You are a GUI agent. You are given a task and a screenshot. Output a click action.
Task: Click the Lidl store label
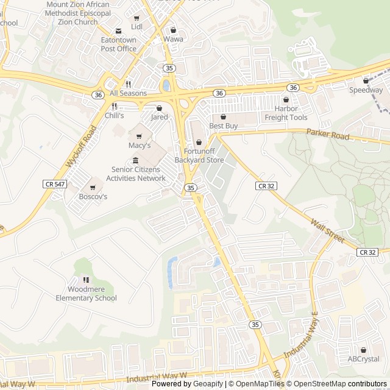pyautogui.click(x=136, y=27)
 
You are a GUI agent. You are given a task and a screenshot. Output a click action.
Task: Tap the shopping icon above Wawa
pyautogui.click(x=173, y=29)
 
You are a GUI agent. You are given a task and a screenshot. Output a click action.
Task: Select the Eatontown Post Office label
pyautogui.click(x=118, y=44)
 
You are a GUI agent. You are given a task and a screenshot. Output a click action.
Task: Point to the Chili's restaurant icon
pyautogui.click(x=114, y=106)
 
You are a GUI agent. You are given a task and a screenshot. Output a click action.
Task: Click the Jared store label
pyautogui.click(x=159, y=117)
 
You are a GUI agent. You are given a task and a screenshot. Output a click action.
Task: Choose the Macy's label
pyautogui.click(x=139, y=146)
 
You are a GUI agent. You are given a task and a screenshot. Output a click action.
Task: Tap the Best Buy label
pyautogui.click(x=223, y=126)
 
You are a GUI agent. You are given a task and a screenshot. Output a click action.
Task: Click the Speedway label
pyautogui.click(x=366, y=90)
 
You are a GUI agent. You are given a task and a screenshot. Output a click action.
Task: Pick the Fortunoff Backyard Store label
pyautogui.click(x=199, y=156)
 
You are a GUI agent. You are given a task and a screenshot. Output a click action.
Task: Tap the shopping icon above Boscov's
pyautogui.click(x=93, y=188)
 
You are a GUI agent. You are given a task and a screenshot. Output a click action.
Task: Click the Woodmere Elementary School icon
pyautogui.click(x=86, y=280)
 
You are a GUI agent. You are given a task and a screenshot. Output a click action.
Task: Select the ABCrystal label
pyautogui.click(x=363, y=359)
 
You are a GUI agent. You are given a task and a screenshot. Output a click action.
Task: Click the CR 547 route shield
pyautogui.click(x=54, y=183)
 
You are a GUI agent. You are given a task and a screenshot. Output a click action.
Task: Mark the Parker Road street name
pyautogui.click(x=328, y=134)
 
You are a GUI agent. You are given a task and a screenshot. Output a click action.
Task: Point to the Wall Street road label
pyautogui.click(x=327, y=232)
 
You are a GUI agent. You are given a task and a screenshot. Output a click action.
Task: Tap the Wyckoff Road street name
pyautogui.click(x=79, y=147)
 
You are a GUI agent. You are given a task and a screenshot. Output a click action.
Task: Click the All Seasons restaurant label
pyautogui.click(x=128, y=93)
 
